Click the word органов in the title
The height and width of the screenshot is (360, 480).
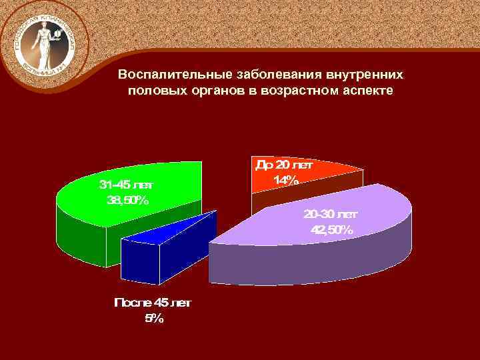pyautogui.click(x=206, y=90)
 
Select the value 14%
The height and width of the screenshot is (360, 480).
pyautogui.click(x=285, y=179)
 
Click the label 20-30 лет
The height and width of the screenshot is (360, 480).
pyautogui.click(x=331, y=215)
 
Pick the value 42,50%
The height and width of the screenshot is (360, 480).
pyautogui.click(x=331, y=230)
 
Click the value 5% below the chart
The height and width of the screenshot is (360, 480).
pyautogui.click(x=153, y=319)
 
